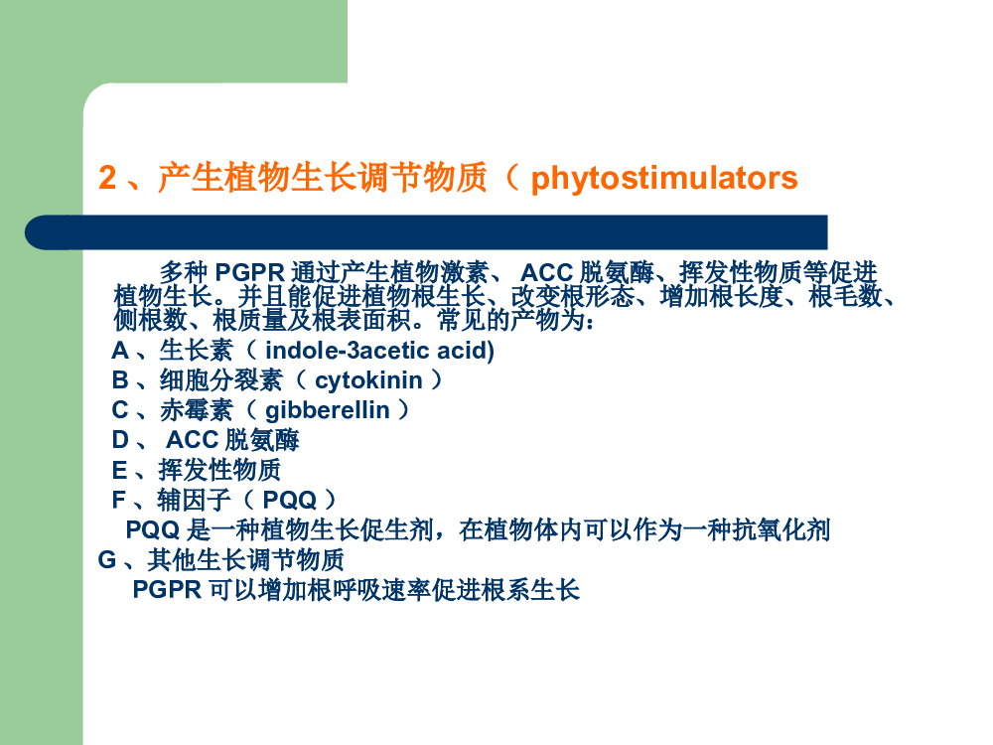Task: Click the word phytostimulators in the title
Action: [664, 179]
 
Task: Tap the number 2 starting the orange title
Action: [107, 178]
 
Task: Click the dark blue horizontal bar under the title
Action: [426, 231]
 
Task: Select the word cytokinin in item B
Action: [368, 380]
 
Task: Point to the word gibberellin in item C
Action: [328, 410]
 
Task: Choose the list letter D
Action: [120, 440]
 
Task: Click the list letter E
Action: [120, 470]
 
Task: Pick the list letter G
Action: [107, 560]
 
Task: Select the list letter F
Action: [119, 500]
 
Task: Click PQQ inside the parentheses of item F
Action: [289, 501]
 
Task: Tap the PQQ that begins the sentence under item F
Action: [153, 529]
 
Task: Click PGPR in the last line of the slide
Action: [167, 590]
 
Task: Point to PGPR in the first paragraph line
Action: [250, 272]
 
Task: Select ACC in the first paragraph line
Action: [546, 272]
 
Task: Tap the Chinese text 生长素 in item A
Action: [197, 351]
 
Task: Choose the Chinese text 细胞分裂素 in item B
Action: [221, 380]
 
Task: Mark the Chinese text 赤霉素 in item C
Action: [197, 410]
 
